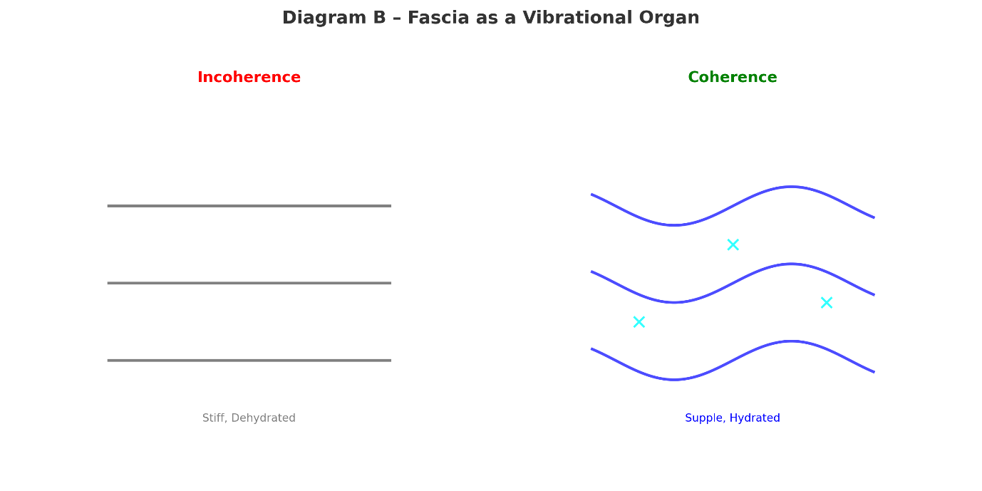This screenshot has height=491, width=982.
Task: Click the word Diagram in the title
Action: tap(324, 18)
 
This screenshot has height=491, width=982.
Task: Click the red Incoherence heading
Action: tap(249, 78)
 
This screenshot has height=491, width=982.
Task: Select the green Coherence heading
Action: tap(732, 78)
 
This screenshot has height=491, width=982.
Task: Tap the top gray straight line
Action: tap(249, 206)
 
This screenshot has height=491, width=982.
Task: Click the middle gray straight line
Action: tap(249, 283)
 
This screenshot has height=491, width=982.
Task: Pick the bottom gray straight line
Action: tap(249, 361)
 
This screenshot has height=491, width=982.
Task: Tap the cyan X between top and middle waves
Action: tap(733, 244)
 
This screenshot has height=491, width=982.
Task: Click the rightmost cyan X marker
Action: tap(826, 303)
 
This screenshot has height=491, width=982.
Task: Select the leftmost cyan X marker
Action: tap(639, 322)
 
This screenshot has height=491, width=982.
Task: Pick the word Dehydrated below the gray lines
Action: tap(263, 418)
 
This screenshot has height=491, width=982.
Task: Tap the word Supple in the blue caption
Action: tap(703, 418)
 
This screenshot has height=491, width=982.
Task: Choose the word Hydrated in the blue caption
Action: tap(754, 418)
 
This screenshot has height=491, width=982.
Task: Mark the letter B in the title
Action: tap(380, 18)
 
